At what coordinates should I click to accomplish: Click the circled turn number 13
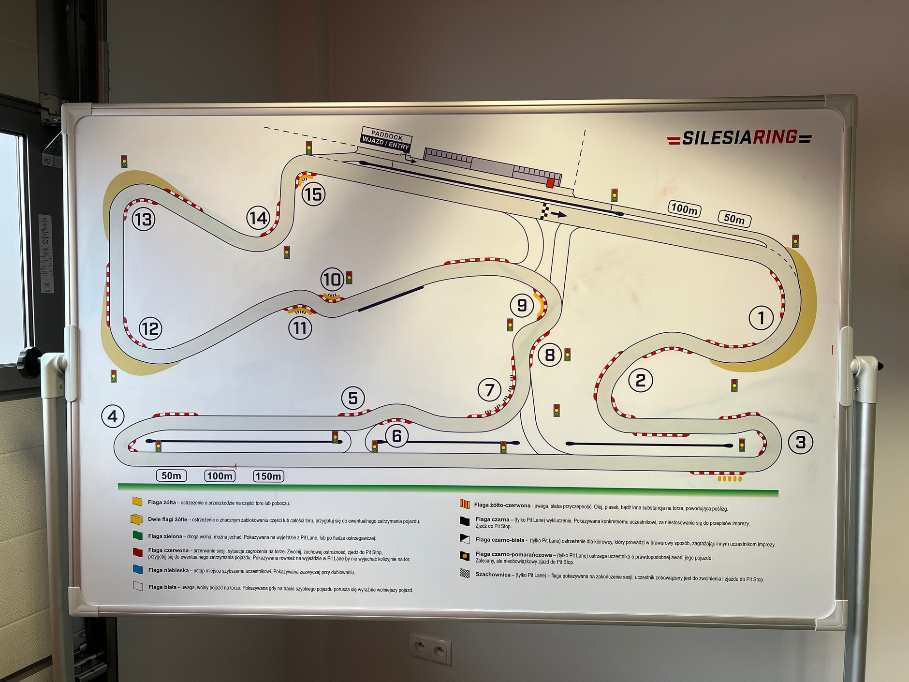pyautogui.click(x=143, y=219)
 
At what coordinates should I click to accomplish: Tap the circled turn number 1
pyautogui.click(x=761, y=318)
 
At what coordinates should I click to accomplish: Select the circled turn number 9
pyautogui.click(x=522, y=305)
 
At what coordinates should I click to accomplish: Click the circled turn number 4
pyautogui.click(x=113, y=416)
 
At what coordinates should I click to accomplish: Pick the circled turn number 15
pyautogui.click(x=313, y=194)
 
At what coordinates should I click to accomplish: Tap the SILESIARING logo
pyautogui.click(x=739, y=138)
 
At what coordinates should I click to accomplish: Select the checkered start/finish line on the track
pyautogui.click(x=545, y=211)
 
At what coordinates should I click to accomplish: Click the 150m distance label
pyautogui.click(x=268, y=476)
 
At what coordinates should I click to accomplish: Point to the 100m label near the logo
pyautogui.click(x=685, y=208)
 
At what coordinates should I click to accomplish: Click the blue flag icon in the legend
pyautogui.click(x=138, y=569)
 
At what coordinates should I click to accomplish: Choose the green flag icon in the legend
pyautogui.click(x=138, y=535)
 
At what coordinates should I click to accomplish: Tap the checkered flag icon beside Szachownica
pyautogui.click(x=465, y=574)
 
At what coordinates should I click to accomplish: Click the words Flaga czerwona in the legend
pyautogui.click(x=168, y=550)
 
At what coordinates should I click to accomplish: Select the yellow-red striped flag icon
pyautogui.click(x=465, y=504)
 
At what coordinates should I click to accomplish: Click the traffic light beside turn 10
pyautogui.click(x=349, y=278)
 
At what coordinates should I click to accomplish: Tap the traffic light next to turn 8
pyautogui.click(x=568, y=355)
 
